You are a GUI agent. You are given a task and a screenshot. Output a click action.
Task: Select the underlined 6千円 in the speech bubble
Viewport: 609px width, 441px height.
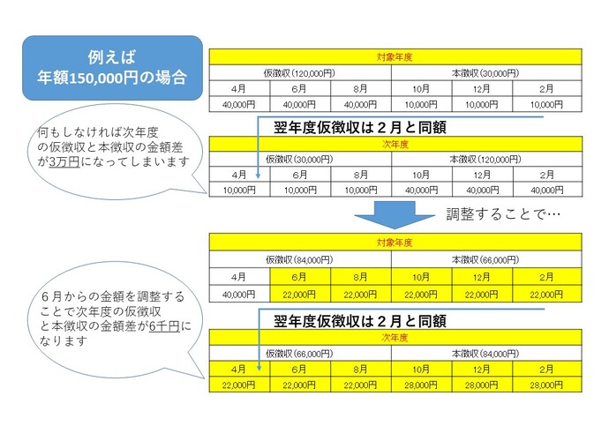point(162,327)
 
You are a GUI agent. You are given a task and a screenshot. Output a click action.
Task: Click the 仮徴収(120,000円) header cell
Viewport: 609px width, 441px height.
point(299,72)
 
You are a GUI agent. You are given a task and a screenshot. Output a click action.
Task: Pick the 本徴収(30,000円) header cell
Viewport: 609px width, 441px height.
point(485,72)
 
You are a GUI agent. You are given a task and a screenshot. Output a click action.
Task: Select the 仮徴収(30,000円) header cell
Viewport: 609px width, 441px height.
point(299,159)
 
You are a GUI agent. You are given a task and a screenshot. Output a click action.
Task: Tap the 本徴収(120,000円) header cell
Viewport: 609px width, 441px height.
point(485,159)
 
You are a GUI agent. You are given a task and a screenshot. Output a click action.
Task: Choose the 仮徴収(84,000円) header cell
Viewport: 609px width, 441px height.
point(299,259)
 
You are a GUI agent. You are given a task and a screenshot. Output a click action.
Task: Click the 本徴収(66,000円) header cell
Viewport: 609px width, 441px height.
point(485,259)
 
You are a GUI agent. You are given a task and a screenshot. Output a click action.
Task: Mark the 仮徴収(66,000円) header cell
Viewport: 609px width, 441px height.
point(299,353)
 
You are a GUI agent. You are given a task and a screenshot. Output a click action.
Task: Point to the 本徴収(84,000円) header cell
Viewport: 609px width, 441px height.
point(485,353)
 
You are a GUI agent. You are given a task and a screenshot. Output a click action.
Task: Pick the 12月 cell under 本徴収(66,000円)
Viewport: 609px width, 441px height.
point(482,276)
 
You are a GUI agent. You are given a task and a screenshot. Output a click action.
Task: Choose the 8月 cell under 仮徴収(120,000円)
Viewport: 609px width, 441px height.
point(360,88)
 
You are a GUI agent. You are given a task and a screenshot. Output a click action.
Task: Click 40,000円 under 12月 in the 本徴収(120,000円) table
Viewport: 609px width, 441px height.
point(482,190)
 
